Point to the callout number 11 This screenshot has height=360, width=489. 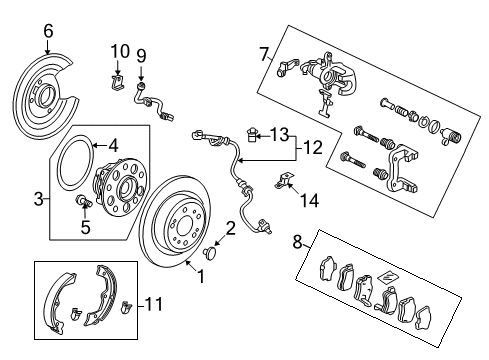click(152, 300)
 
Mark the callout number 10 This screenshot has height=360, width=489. click(119, 50)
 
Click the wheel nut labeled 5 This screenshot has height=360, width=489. click(83, 205)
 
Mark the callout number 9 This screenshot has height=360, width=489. click(141, 55)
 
